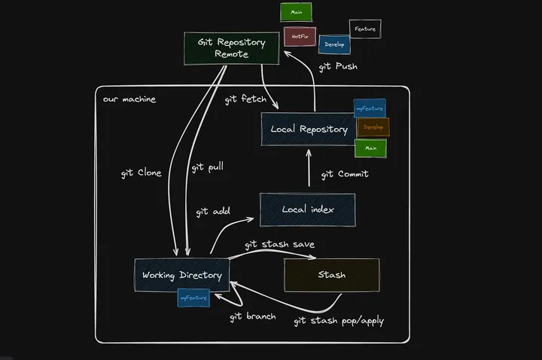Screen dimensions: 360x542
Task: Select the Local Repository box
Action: click(309, 130)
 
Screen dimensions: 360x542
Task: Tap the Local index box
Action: click(307, 209)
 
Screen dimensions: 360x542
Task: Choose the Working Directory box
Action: click(181, 275)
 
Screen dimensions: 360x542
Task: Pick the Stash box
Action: click(331, 275)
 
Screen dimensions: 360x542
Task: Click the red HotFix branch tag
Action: click(300, 36)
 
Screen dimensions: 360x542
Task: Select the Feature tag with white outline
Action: click(365, 29)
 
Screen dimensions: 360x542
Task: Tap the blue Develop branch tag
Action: click(334, 44)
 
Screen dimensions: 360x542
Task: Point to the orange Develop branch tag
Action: click(373, 127)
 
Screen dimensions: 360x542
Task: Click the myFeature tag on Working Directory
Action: click(193, 298)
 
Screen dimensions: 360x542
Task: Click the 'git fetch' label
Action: click(245, 99)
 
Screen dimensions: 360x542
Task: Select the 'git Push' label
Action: click(338, 66)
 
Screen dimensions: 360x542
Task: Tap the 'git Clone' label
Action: click(141, 172)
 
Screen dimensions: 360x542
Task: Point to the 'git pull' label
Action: click(207, 166)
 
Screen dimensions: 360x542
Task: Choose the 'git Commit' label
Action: click(344, 174)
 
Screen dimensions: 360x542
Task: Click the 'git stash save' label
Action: click(279, 244)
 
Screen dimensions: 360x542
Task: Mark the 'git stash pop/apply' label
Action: click(339, 321)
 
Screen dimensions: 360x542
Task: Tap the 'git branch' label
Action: click(252, 316)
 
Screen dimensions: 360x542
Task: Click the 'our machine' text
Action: click(129, 99)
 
